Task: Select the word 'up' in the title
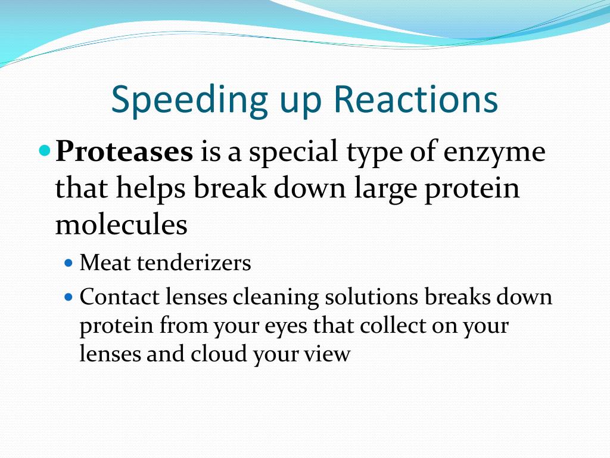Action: (301, 104)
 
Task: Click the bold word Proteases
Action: (124, 151)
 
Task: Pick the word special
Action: (294, 152)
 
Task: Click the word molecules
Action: (122, 224)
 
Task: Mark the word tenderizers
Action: (194, 262)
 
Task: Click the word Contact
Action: (120, 297)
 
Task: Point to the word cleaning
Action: (276, 298)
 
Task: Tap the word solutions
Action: (372, 297)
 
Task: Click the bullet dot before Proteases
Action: (45, 150)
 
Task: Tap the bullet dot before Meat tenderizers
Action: (69, 263)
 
